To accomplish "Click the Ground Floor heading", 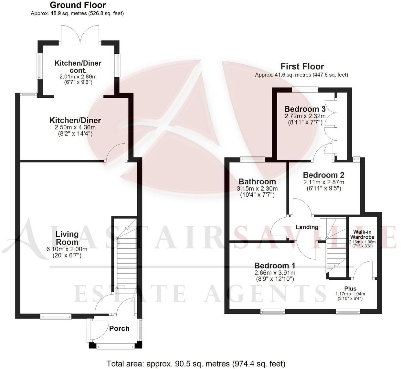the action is pyautogui.click(x=78, y=5).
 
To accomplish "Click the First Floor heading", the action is pyautogui.click(x=302, y=67).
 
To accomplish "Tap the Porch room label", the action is pyautogui.click(x=119, y=329).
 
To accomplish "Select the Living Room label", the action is pyautogui.click(x=67, y=238).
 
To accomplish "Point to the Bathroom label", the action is pyautogui.click(x=257, y=182).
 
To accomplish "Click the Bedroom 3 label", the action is pyautogui.click(x=305, y=109).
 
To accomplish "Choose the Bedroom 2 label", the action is pyautogui.click(x=323, y=175).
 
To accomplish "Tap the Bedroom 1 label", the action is pyautogui.click(x=274, y=266).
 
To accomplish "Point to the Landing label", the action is pyautogui.click(x=307, y=227).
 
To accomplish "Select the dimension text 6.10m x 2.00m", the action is pyautogui.click(x=67, y=249).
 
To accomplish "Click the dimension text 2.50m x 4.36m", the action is pyautogui.click(x=75, y=128).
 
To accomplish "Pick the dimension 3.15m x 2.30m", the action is pyautogui.click(x=257, y=189).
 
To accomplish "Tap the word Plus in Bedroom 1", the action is pyautogui.click(x=350, y=288).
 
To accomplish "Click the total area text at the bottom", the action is pyautogui.click(x=196, y=364).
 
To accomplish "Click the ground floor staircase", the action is pyautogui.click(x=123, y=255).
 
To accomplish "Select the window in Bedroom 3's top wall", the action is pyautogui.click(x=305, y=89).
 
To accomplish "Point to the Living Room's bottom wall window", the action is pyautogui.click(x=56, y=316).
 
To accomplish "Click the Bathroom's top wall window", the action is pyautogui.click(x=253, y=158).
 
